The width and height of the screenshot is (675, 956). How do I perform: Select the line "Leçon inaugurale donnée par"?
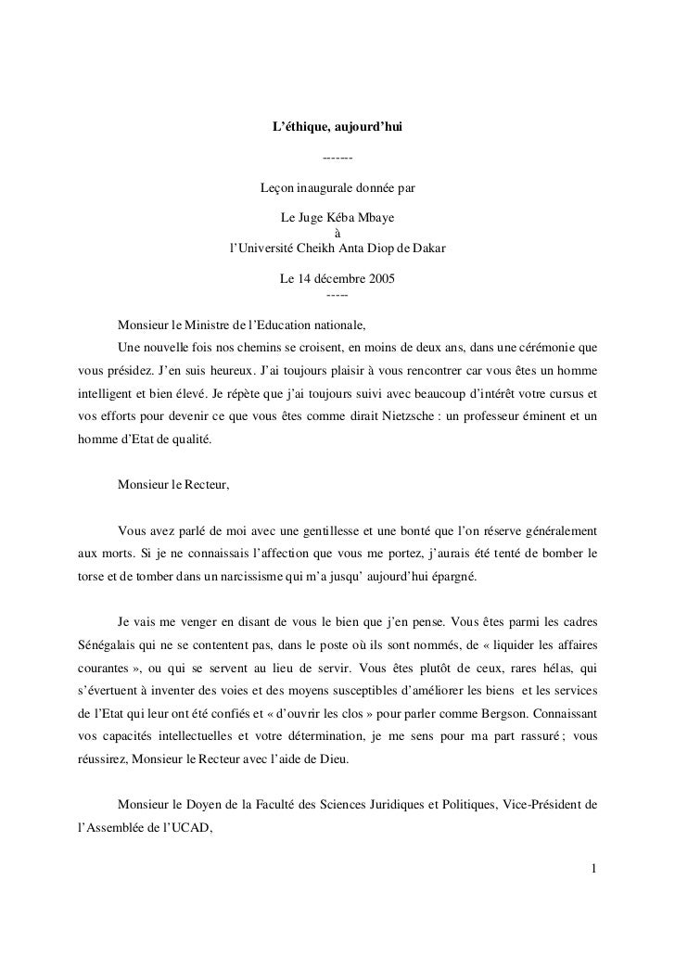point(337,188)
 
